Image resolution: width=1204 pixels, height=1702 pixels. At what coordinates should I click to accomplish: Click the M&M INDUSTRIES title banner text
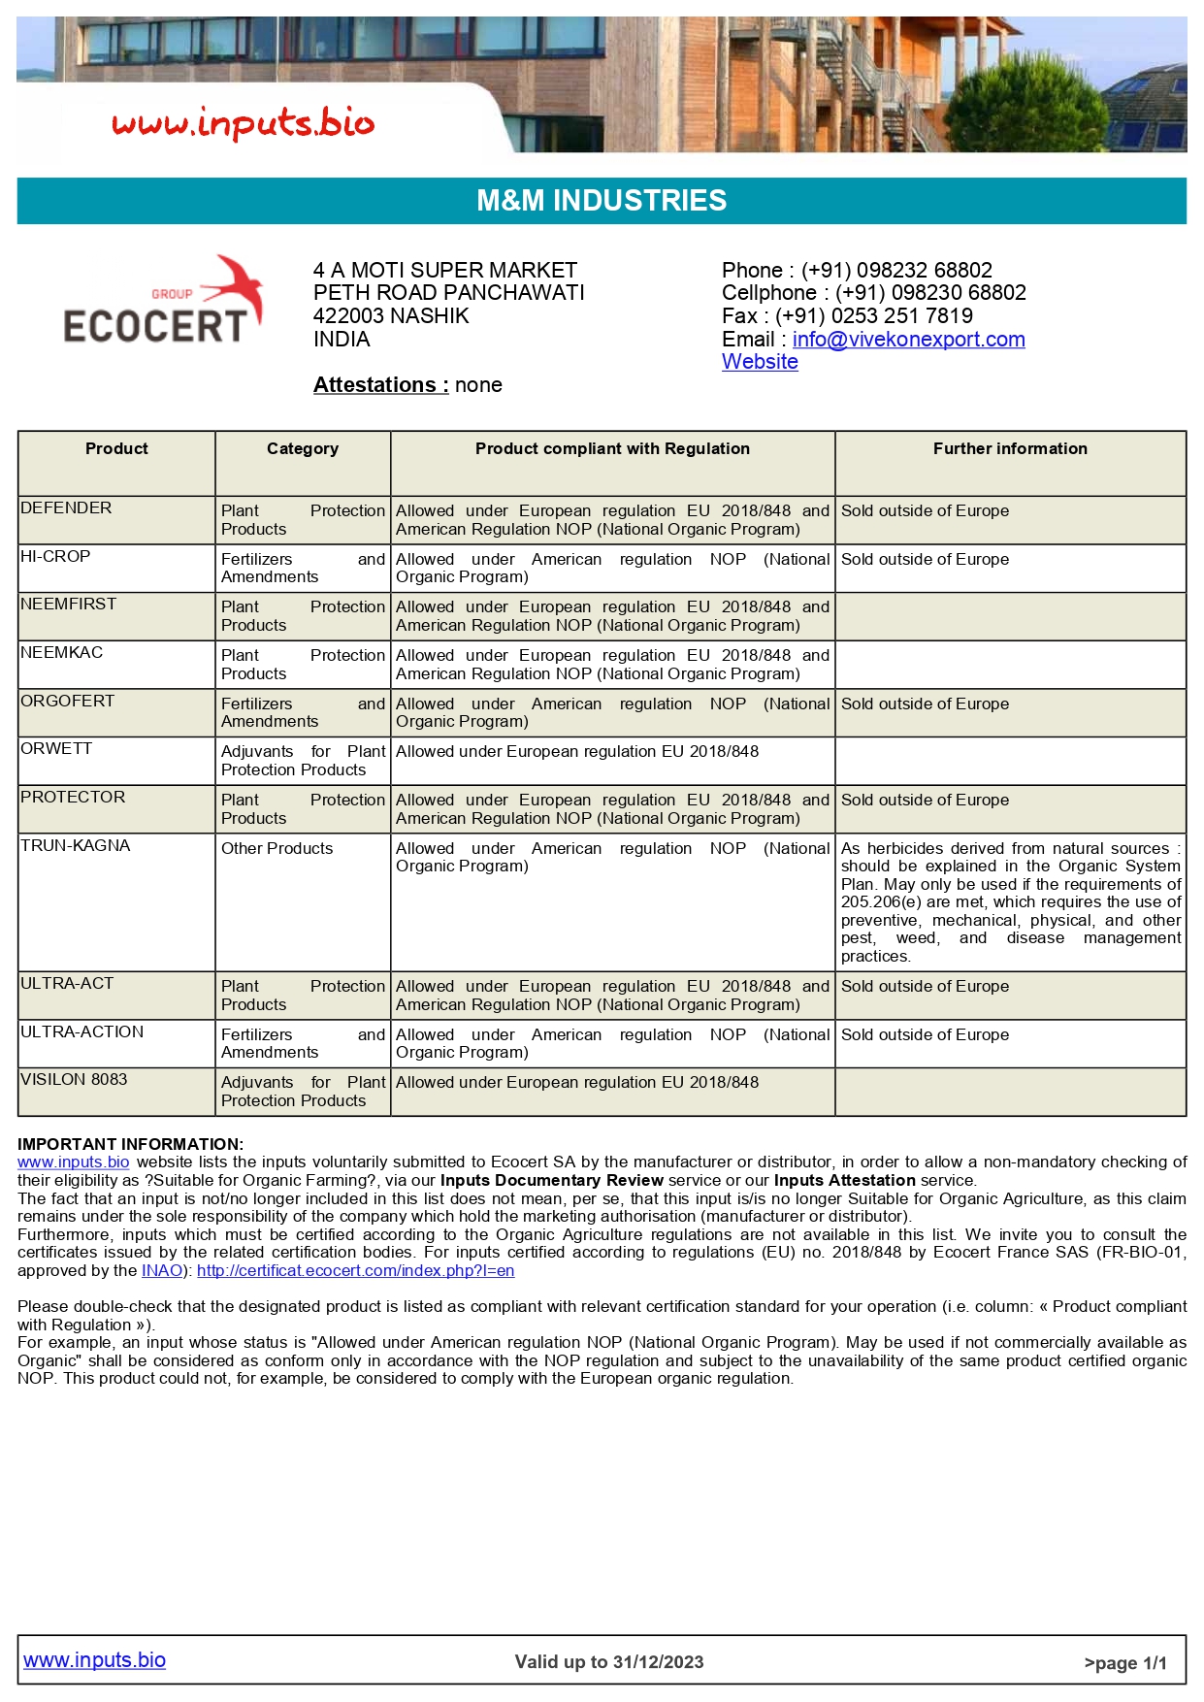coord(602,201)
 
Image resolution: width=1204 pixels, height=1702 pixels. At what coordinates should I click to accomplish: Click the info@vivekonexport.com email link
coord(908,340)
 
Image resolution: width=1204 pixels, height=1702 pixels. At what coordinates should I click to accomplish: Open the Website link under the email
coord(760,362)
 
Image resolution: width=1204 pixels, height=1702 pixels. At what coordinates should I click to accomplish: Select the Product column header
coord(116,448)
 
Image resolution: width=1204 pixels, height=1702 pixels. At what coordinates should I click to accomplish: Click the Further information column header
coord(1010,448)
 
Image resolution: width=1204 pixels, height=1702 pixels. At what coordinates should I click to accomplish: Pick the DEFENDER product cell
coord(66,508)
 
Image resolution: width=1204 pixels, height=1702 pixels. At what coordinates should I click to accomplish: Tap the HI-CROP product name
coord(55,556)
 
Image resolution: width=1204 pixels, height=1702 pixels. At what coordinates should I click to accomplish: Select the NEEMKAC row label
coord(61,652)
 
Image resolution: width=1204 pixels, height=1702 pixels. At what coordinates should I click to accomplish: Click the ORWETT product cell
coord(56,748)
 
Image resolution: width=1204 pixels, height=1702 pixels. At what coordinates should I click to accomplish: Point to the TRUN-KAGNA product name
coord(76,845)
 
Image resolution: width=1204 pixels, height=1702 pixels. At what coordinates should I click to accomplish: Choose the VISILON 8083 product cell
coord(74,1079)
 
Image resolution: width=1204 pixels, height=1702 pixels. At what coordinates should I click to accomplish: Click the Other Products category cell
coord(277,848)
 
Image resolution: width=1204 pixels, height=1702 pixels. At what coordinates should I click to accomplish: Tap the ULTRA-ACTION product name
coord(81,1031)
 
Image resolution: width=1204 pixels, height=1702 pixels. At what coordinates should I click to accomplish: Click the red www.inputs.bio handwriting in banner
coord(243,123)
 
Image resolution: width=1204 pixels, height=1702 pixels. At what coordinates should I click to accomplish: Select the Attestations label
coord(380,385)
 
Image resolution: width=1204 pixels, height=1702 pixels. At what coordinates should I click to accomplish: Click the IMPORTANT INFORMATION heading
coord(130,1144)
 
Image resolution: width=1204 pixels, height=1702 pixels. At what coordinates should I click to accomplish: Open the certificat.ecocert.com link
coord(355,1271)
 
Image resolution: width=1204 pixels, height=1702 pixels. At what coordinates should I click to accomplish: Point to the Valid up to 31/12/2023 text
coord(609,1661)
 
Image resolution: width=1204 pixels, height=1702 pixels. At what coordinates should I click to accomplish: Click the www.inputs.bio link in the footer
coord(94,1660)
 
